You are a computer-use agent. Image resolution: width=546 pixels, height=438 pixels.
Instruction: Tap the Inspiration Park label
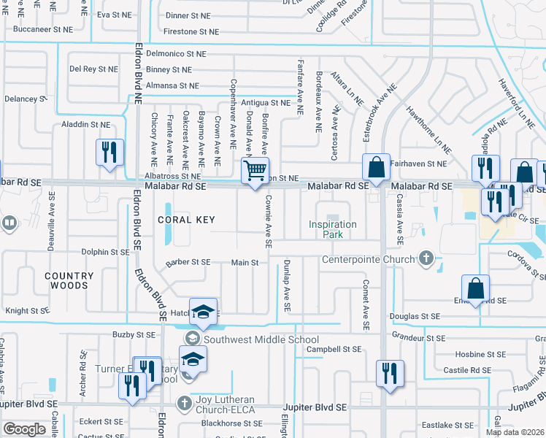pyautogui.click(x=333, y=229)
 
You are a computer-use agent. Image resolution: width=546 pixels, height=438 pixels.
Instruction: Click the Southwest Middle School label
pyautogui.click(x=261, y=339)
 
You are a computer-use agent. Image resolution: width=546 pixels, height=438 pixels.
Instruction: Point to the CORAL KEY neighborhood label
pyautogui.click(x=185, y=220)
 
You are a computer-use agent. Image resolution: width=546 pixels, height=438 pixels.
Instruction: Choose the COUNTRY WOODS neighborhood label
pyautogui.click(x=69, y=281)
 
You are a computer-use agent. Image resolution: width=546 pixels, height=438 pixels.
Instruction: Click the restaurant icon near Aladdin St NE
pyautogui.click(x=109, y=153)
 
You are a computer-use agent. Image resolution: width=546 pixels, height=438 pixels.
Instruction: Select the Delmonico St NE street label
pyautogui.click(x=175, y=53)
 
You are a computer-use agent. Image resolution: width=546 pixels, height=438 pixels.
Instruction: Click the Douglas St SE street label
pyautogui.click(x=415, y=316)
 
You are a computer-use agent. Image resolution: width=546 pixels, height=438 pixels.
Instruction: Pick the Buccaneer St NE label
pyautogui.click(x=43, y=30)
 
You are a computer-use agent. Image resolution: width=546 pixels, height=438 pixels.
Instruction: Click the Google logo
pyautogui.click(x=24, y=429)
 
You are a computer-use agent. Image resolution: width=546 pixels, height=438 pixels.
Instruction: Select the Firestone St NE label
pyautogui.click(x=191, y=31)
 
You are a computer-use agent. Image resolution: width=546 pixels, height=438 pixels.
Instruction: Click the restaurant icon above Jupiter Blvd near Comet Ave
pyautogui.click(x=389, y=373)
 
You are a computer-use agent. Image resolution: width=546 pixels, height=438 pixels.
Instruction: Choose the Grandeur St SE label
pyautogui.click(x=418, y=338)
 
